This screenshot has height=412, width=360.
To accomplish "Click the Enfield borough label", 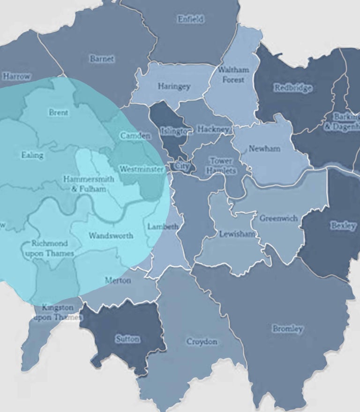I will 191,19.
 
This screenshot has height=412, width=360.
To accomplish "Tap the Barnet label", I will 102,59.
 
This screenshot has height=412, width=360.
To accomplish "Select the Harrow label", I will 16,76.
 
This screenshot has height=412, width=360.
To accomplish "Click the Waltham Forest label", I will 233,74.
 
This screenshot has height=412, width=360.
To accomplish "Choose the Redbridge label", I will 293,88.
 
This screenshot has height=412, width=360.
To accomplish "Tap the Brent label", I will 59,113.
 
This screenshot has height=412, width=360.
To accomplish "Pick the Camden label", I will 135,136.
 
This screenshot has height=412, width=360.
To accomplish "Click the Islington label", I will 176,131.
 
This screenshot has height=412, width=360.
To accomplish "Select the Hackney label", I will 213,129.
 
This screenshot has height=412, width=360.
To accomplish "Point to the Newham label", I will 264,148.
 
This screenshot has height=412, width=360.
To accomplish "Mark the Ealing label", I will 32,155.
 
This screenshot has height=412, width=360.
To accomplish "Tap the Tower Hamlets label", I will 221,166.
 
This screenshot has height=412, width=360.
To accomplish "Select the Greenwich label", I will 278,218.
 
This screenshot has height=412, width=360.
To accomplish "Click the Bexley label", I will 343,226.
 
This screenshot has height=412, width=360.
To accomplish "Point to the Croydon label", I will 202,342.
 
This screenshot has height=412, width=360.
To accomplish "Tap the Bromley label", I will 288,329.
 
